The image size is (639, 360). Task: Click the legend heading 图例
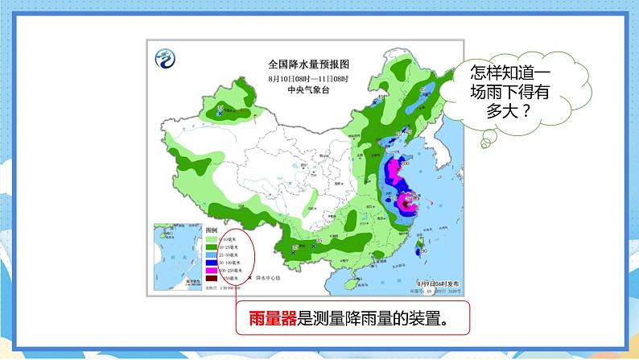click(x=212, y=231)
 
